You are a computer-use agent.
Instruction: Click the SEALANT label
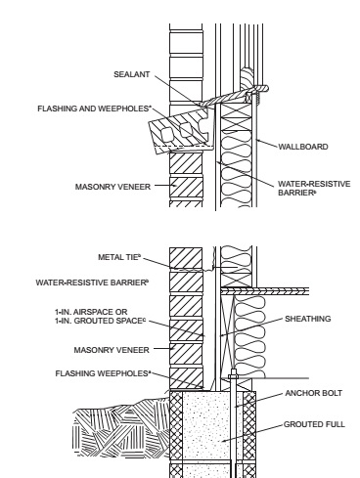[131, 74]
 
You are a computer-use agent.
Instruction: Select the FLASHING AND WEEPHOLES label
[95, 109]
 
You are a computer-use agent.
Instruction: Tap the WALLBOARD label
[303, 147]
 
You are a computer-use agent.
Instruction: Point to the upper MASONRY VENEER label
[112, 187]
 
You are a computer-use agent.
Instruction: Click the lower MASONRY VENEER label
[112, 350]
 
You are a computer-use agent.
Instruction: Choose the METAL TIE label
[119, 257]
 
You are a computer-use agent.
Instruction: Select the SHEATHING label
[308, 319]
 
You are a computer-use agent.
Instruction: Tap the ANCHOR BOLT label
[314, 393]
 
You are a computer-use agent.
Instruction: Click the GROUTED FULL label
[314, 424]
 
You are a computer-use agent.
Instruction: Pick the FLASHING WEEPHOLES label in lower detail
[103, 373]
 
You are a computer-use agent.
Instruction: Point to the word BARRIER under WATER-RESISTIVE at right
[297, 193]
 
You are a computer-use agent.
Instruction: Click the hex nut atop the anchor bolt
[234, 376]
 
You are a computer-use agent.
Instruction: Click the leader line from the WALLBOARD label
[267, 144]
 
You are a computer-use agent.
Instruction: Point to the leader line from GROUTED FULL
[252, 433]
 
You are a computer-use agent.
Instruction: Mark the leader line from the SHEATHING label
[251, 327]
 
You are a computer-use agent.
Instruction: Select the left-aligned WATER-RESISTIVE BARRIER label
[92, 282]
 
